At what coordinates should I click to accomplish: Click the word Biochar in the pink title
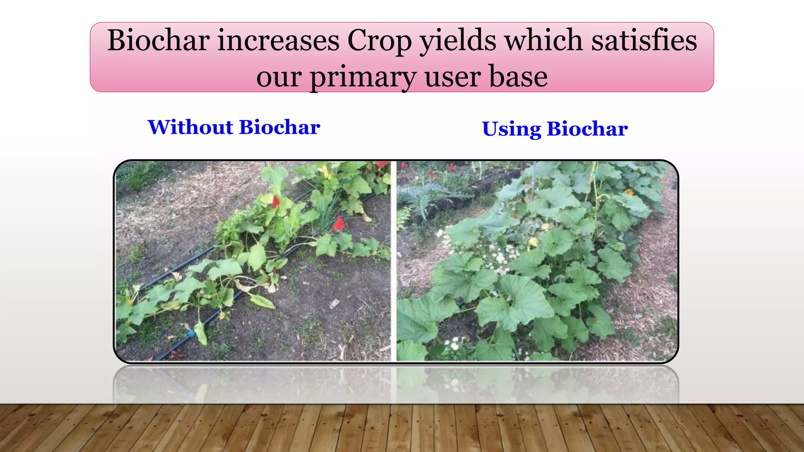tap(158, 40)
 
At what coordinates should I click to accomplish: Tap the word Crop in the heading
tap(379, 41)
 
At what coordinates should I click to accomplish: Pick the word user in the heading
tap(453, 77)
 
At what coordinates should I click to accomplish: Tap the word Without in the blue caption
tap(190, 127)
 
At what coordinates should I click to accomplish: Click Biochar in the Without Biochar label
tap(280, 127)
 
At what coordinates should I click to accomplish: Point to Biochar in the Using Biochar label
tap(587, 129)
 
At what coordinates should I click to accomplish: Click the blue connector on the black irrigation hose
tap(191, 334)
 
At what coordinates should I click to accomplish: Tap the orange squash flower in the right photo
tap(629, 192)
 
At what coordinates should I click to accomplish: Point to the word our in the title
tap(278, 77)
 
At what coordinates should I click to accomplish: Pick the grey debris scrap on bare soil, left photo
tap(334, 303)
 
